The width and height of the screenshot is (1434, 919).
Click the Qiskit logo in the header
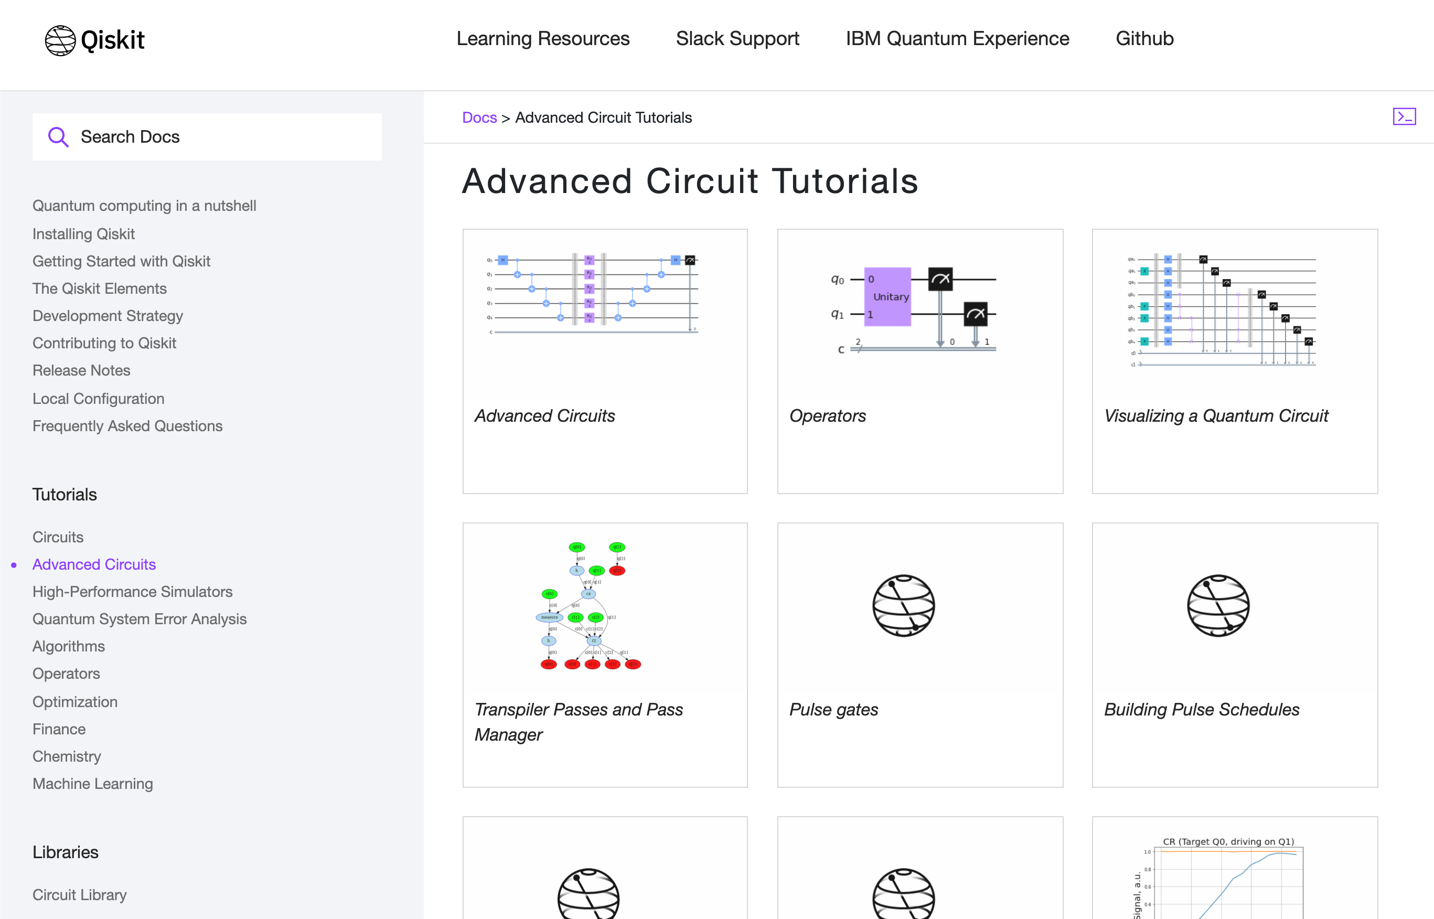click(94, 40)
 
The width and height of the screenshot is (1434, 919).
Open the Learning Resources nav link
click(542, 39)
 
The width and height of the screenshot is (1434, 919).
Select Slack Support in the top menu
click(737, 39)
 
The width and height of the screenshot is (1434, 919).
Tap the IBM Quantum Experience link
click(957, 39)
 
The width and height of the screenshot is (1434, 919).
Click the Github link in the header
click(1144, 39)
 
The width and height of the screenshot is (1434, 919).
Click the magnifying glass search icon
click(58, 137)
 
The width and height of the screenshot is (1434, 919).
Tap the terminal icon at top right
click(1404, 116)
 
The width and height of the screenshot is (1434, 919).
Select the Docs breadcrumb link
click(479, 117)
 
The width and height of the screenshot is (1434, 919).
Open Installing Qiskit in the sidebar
click(83, 234)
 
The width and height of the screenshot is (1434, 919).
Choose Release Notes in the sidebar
click(81, 370)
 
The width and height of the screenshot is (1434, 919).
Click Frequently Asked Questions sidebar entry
click(127, 426)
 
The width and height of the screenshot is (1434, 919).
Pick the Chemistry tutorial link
click(67, 757)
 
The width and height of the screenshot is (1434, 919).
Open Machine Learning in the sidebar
click(92, 784)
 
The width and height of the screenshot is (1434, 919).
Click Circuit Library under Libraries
click(79, 895)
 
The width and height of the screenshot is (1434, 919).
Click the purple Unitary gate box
click(887, 296)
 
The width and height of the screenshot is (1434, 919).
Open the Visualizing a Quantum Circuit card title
click(1216, 416)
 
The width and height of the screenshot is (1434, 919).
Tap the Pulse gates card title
click(833, 710)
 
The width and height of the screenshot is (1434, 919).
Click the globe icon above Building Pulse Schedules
click(1217, 606)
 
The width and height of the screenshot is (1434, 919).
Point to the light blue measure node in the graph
click(549, 617)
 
